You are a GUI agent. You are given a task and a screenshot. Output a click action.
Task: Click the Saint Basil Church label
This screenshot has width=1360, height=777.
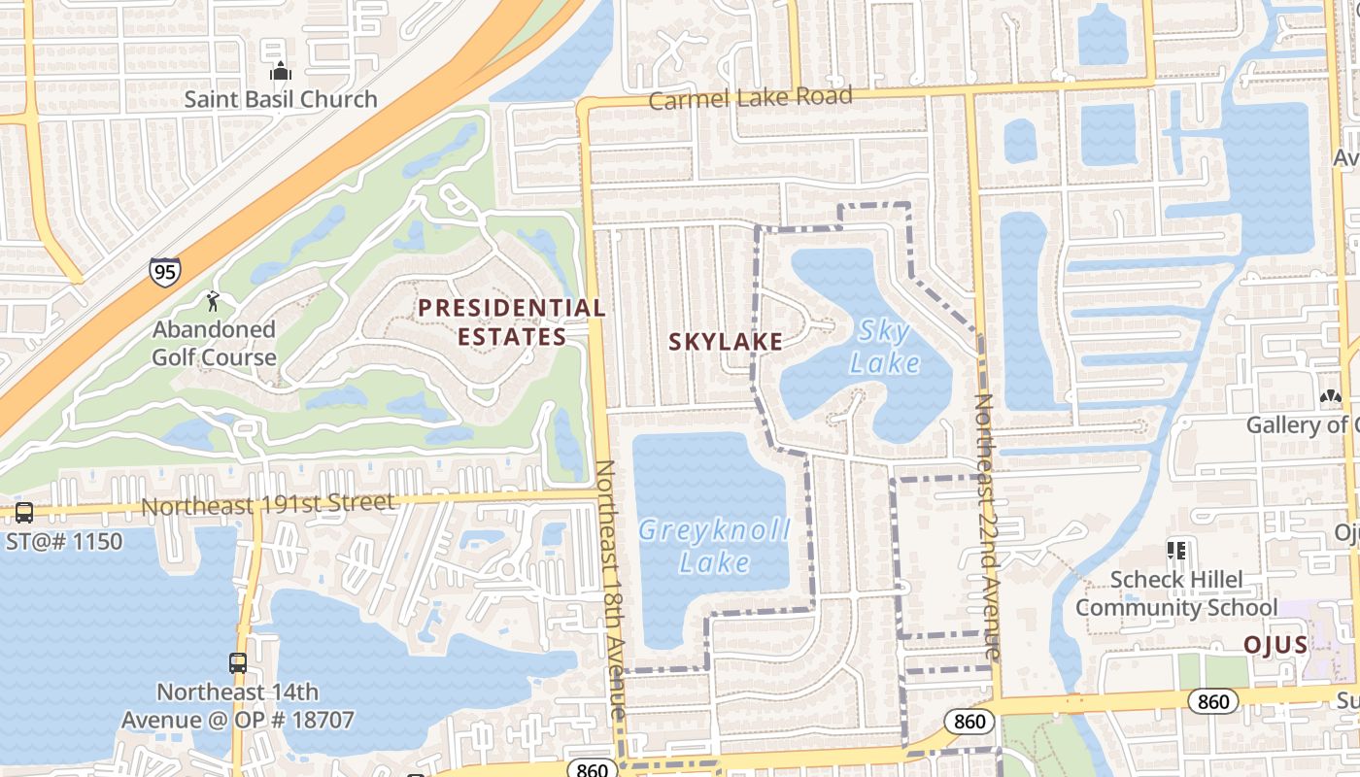[281, 99]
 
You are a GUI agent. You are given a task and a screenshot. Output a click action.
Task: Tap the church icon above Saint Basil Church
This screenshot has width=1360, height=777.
[281, 71]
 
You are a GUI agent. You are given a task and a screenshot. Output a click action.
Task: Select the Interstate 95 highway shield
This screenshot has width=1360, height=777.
[164, 272]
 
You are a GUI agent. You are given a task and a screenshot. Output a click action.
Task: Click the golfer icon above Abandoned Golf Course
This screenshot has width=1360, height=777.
[214, 301]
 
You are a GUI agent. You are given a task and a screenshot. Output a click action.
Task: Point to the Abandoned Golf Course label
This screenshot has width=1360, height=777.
[214, 343]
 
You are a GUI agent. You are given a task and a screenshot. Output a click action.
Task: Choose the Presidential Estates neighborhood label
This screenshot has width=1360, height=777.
[512, 322]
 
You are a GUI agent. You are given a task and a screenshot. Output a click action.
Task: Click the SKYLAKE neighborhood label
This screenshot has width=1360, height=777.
[726, 341]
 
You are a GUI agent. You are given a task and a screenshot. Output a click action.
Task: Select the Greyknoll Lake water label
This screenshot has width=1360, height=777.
[715, 546]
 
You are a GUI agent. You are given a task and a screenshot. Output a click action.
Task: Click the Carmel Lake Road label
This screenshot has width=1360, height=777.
[750, 97]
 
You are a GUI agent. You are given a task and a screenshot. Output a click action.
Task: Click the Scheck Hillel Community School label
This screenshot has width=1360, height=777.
[1175, 593]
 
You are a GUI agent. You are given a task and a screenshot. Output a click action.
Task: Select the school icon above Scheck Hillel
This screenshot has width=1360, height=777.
[1176, 551]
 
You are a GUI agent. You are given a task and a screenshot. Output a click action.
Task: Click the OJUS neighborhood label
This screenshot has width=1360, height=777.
[1275, 645]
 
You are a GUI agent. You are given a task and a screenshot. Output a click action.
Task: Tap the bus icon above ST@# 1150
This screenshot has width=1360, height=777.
[24, 512]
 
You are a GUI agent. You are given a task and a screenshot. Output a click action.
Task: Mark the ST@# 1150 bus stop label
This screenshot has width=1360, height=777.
[65, 540]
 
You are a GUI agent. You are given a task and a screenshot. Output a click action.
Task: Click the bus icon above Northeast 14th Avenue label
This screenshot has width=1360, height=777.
[238, 663]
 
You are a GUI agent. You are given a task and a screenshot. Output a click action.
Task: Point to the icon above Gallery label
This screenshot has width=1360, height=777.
[1330, 396]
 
